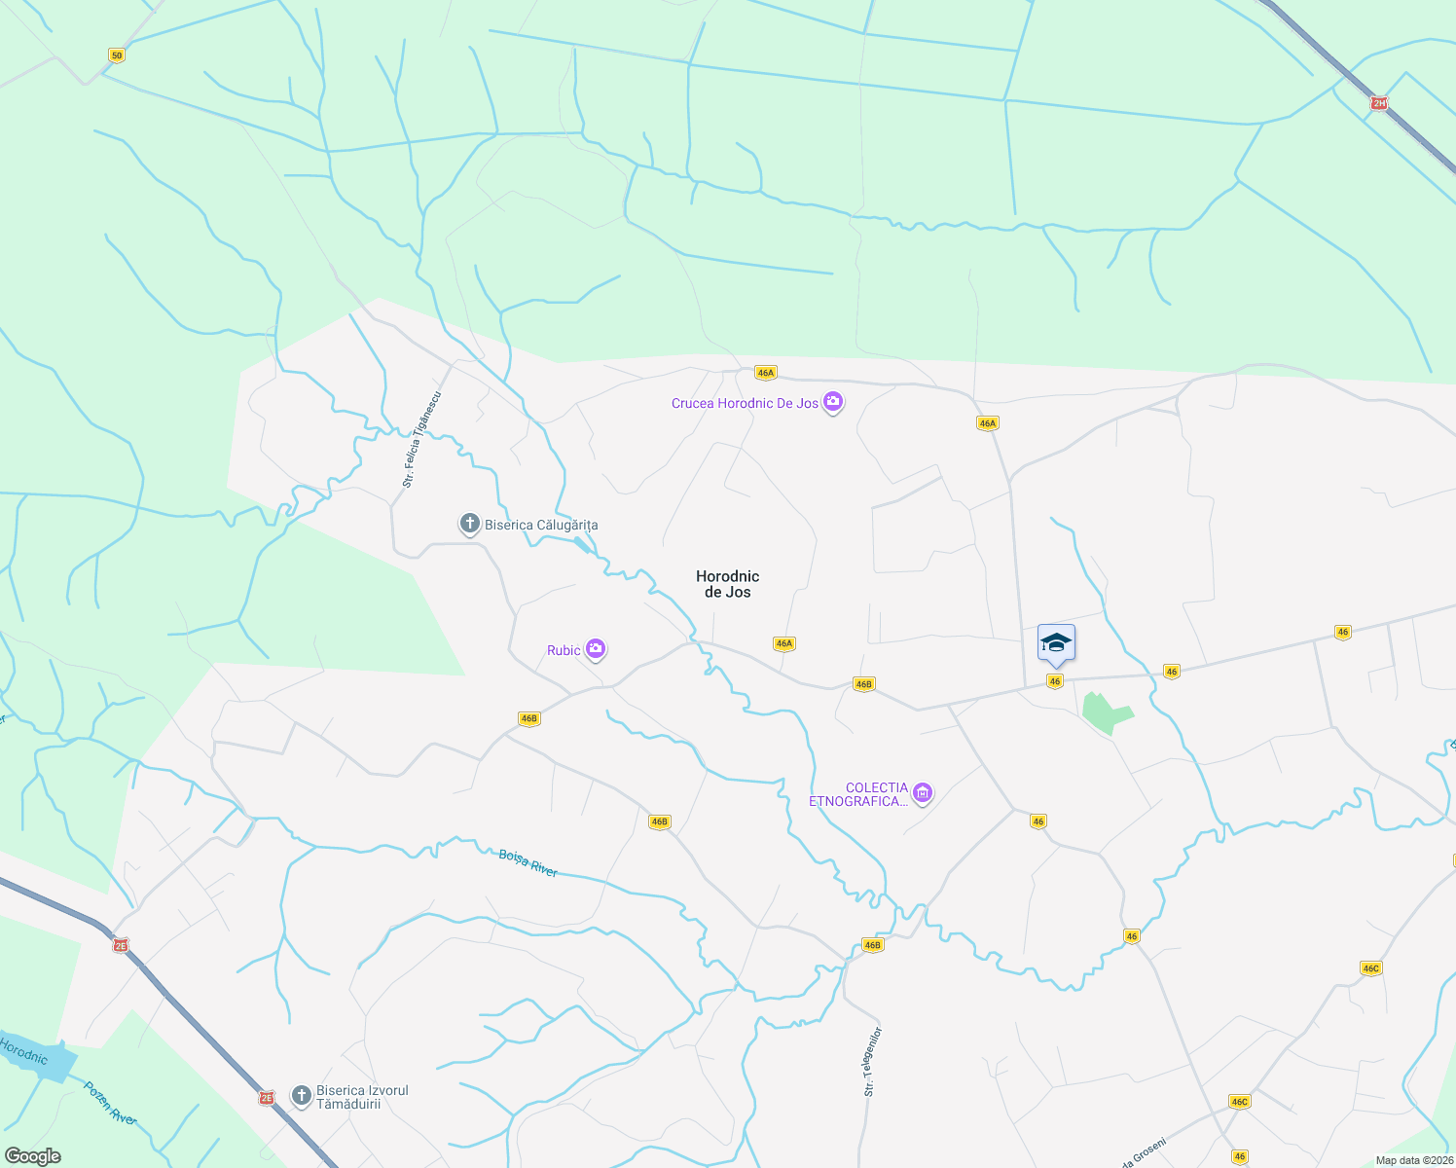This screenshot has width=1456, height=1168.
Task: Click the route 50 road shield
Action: (x=117, y=55)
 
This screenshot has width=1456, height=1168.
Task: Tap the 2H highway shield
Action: (x=1378, y=103)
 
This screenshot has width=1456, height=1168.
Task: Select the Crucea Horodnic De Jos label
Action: (x=745, y=403)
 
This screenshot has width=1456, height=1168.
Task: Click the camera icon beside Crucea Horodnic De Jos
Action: (x=832, y=401)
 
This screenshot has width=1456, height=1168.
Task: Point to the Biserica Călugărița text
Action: (x=541, y=526)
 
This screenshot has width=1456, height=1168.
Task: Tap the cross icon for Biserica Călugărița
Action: (x=469, y=525)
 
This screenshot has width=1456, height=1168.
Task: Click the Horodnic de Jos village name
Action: (x=727, y=584)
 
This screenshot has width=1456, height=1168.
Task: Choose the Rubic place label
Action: (x=564, y=650)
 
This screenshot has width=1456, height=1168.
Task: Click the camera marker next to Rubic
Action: (x=596, y=649)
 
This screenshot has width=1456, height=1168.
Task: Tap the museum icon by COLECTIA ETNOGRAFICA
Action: (x=923, y=793)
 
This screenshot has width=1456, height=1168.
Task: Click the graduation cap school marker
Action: (x=1056, y=643)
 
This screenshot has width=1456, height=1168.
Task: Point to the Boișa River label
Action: (x=528, y=862)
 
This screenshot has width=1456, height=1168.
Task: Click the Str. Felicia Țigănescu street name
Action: (x=422, y=439)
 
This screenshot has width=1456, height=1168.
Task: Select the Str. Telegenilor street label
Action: (x=873, y=1061)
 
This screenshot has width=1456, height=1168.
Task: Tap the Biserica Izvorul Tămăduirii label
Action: (x=362, y=1097)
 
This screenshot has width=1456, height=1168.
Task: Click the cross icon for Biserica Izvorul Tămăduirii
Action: (x=301, y=1097)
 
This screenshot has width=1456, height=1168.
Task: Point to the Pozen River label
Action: (x=110, y=1104)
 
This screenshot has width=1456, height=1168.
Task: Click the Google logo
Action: (x=32, y=1156)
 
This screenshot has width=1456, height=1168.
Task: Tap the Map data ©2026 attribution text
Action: (x=1414, y=1160)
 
